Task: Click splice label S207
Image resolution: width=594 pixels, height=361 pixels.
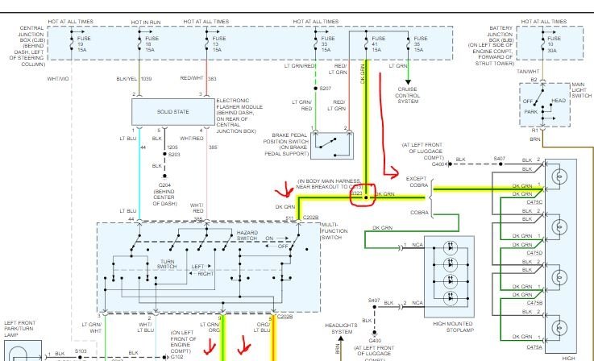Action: [x=325, y=88]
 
